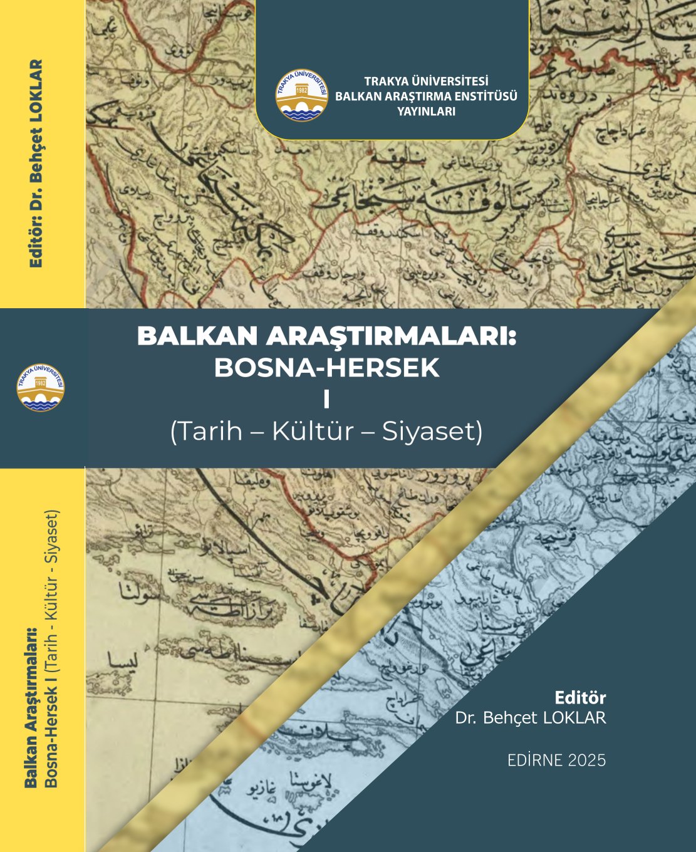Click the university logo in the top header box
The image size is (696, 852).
[302, 95]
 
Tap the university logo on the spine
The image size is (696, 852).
[41, 388]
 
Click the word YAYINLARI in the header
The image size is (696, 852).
[427, 112]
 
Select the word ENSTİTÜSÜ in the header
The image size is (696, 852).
[482, 96]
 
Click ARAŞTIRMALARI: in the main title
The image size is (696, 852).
[393, 336]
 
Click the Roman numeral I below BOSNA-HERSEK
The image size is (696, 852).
[326, 399]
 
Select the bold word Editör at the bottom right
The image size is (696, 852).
[580, 698]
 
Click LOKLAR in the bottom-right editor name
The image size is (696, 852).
[574, 718]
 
